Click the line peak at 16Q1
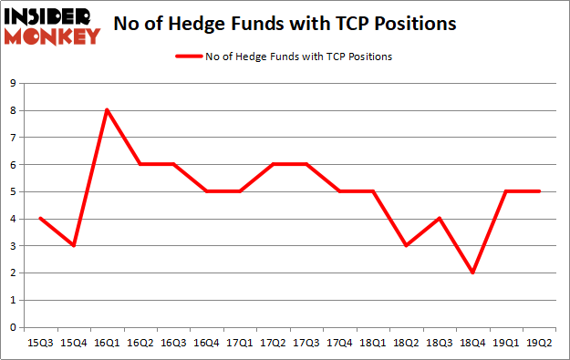(107, 110)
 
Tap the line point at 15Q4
(74, 245)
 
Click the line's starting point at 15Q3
(40, 219)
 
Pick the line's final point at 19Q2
(539, 191)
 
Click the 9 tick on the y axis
(12, 84)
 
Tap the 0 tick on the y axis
(12, 327)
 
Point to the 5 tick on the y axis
(12, 192)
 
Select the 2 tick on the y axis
(12, 273)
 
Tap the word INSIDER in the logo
(51, 16)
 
